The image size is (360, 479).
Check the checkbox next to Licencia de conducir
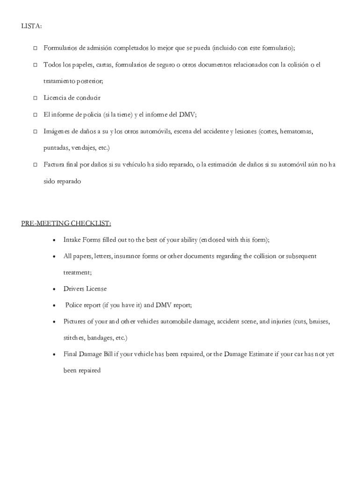tap(35, 98)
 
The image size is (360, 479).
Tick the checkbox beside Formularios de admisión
tap(35, 48)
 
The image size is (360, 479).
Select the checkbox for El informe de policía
tap(35, 115)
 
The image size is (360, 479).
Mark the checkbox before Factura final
tap(35, 165)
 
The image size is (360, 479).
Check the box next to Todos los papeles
tap(35, 65)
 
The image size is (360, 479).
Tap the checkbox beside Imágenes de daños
tap(35, 132)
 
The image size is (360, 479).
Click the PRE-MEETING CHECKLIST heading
tap(66, 223)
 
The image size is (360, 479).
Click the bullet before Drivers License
tap(55, 289)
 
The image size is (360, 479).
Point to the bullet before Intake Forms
tap(55, 240)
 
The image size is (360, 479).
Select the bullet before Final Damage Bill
tap(55, 355)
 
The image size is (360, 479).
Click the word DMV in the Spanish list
tap(187, 115)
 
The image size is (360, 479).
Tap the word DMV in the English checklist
tap(164, 305)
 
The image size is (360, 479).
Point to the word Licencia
tap(56, 98)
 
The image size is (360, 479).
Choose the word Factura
tap(55, 164)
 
